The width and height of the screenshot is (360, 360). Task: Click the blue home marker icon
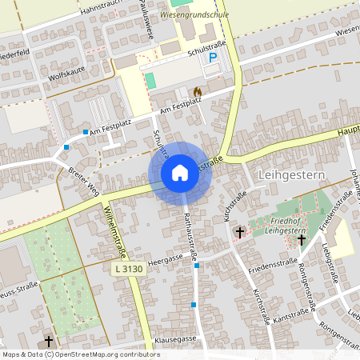tap(180, 172)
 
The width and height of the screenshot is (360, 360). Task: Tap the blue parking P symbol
tap(213, 58)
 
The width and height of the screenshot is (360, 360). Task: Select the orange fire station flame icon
tap(197, 91)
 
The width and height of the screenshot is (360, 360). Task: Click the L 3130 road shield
tap(127, 272)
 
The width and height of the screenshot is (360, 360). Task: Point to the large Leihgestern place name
tap(290, 174)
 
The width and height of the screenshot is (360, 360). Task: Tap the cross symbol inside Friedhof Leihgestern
tap(302, 238)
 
